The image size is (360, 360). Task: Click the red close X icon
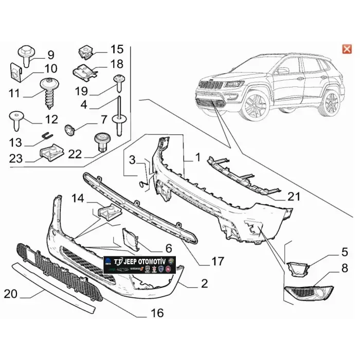tap(346, 49)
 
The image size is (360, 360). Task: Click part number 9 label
tap(50, 55)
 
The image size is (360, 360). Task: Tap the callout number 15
tap(117, 49)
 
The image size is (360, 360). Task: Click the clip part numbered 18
tap(84, 71)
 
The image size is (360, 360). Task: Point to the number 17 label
tap(218, 261)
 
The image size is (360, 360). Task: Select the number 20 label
tap(11, 294)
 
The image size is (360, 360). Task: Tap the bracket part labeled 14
tap(106, 211)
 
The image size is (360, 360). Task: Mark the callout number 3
tap(133, 160)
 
